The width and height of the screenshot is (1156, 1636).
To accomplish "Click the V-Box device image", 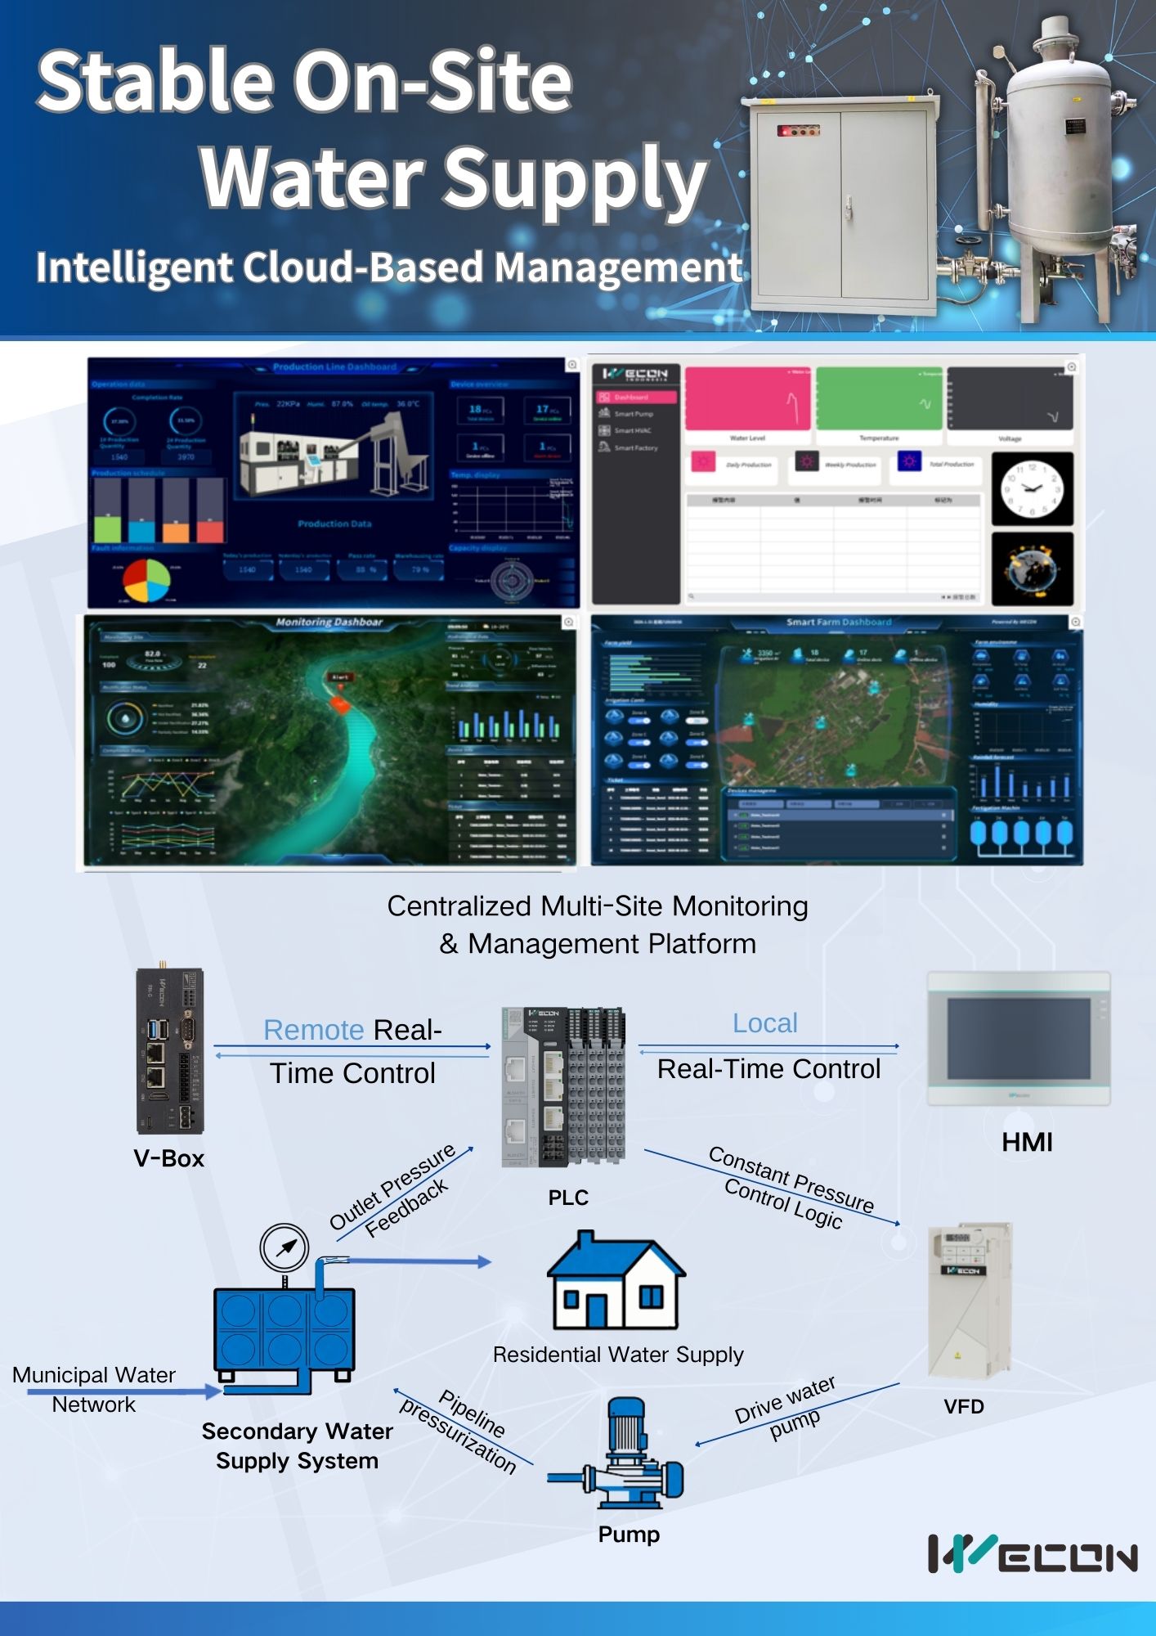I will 170,1050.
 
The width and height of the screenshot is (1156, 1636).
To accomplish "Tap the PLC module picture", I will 563,1085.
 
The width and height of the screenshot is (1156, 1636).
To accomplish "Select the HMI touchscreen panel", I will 1019,1038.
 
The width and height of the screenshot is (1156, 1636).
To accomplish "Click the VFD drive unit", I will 970,1300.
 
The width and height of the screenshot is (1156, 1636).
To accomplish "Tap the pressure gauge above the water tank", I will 284,1248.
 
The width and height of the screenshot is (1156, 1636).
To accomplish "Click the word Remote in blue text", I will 313,1030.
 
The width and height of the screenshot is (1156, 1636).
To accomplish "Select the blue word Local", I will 764,1023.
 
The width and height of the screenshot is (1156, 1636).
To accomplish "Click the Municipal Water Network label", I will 94,1389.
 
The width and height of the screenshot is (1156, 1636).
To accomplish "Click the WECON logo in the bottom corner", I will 1032,1554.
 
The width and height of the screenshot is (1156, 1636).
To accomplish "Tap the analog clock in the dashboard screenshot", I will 1032,488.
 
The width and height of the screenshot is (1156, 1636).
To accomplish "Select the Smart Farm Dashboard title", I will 839,622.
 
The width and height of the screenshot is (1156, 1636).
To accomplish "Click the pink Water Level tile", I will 747,399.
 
